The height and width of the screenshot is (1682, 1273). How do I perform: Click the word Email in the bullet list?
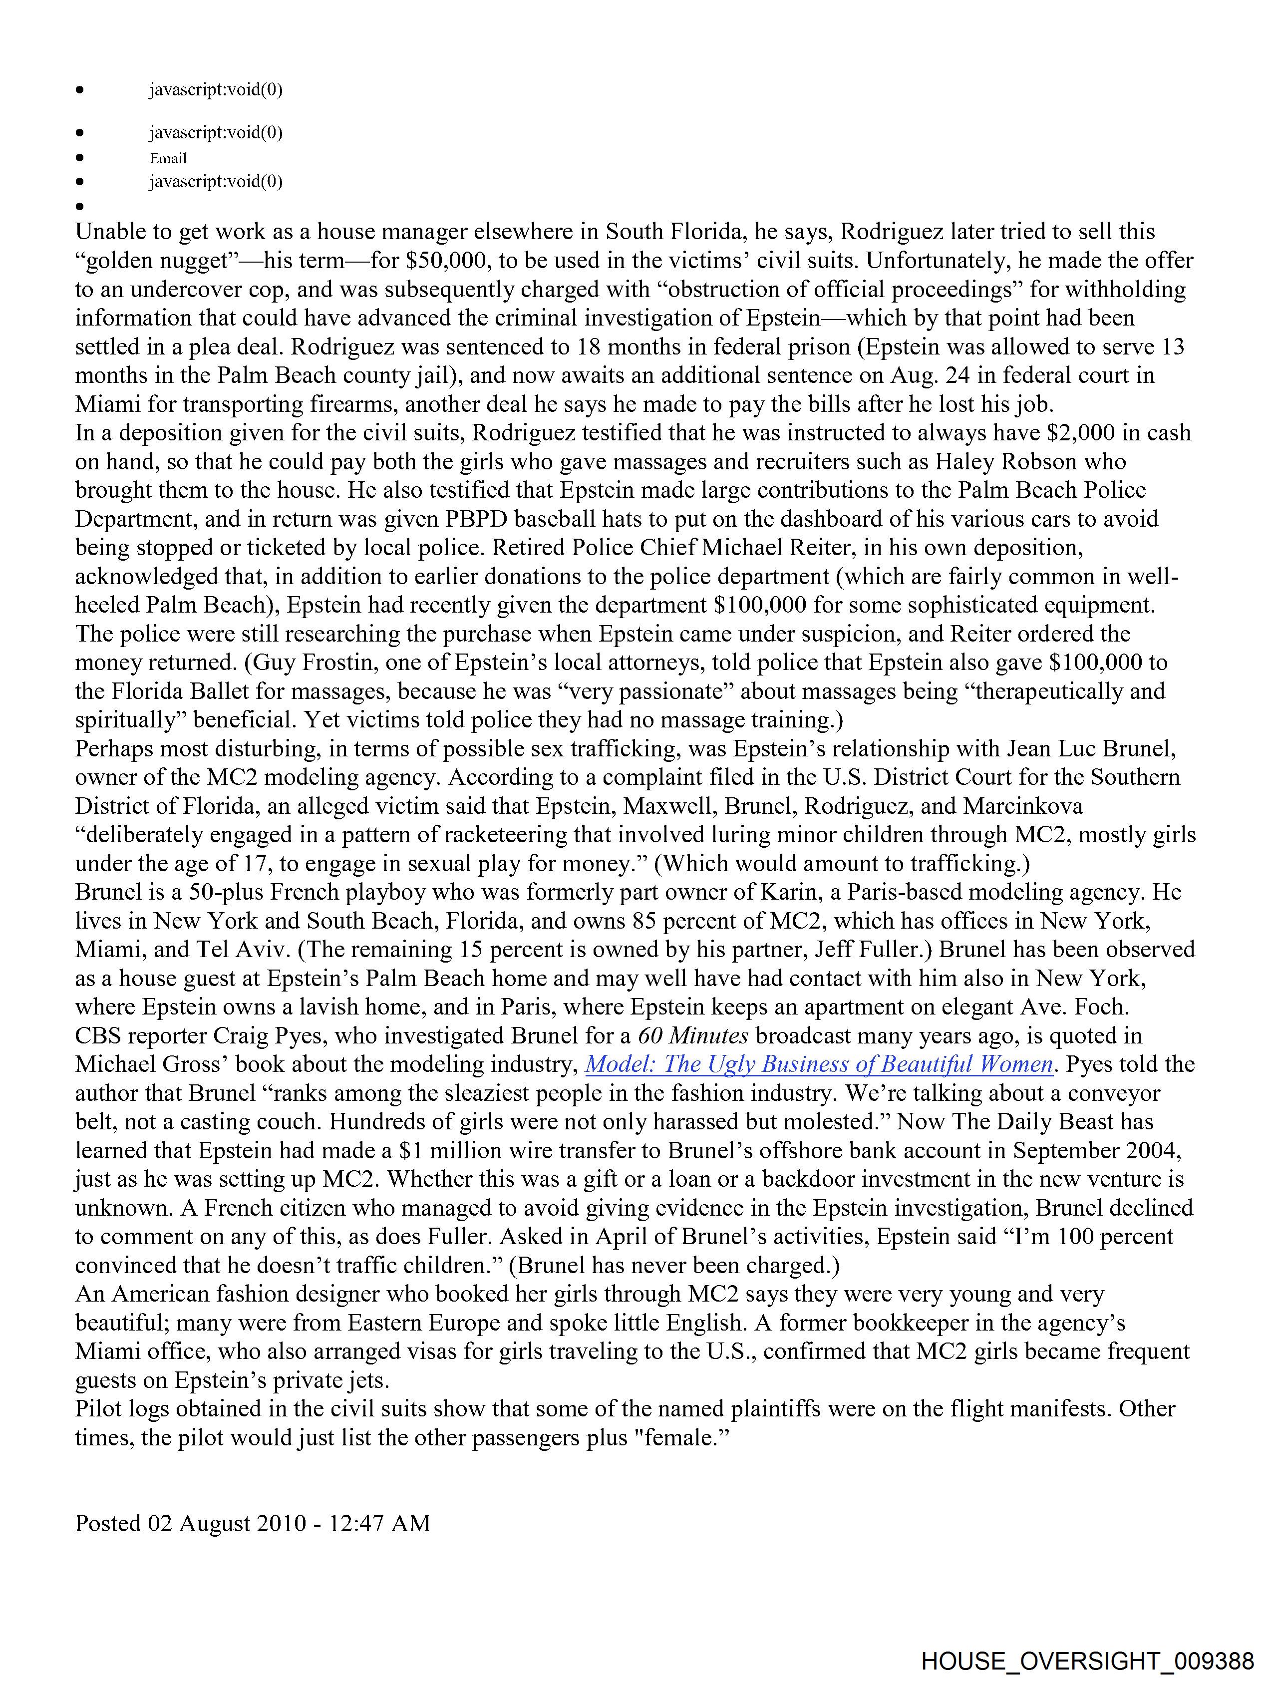(x=168, y=158)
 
